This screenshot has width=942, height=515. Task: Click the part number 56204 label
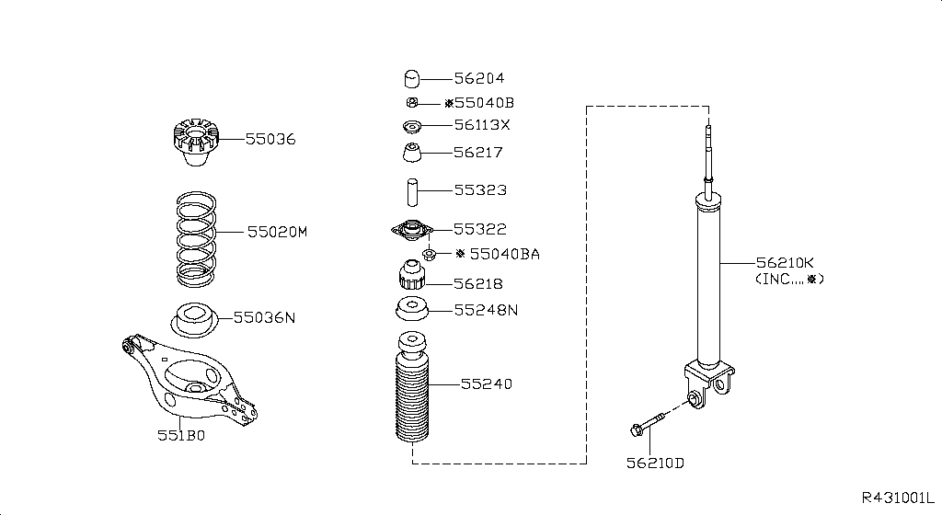(x=478, y=78)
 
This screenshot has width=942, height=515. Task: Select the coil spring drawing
(x=197, y=239)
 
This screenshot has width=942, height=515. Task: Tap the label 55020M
(x=277, y=232)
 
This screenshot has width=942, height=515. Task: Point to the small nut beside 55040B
(x=411, y=103)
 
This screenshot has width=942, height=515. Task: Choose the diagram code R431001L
(x=898, y=498)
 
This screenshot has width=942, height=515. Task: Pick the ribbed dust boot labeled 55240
(x=412, y=386)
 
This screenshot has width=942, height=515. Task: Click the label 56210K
(x=785, y=262)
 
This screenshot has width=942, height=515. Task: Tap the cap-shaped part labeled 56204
(x=411, y=79)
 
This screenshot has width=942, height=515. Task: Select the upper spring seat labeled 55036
(x=196, y=143)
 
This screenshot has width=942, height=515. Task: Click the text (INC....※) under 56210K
(x=789, y=279)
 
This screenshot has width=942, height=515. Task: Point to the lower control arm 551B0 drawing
(x=189, y=379)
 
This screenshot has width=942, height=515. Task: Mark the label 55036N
(x=264, y=317)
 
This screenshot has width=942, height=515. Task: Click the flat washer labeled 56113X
(x=411, y=127)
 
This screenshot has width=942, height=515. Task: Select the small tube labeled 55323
(x=412, y=192)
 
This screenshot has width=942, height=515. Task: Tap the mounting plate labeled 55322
(x=412, y=231)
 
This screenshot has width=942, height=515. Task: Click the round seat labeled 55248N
(x=411, y=308)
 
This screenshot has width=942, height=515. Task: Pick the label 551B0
(x=181, y=435)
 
